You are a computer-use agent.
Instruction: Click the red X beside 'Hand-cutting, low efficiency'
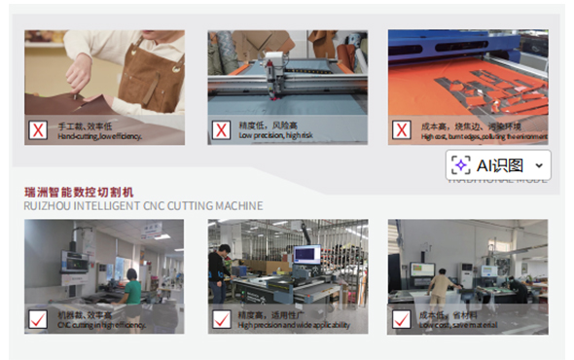coord(39,129)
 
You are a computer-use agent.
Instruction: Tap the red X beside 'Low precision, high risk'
coord(221,129)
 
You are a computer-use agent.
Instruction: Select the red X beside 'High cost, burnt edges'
coord(401,129)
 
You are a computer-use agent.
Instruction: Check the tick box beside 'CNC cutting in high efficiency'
coord(39,318)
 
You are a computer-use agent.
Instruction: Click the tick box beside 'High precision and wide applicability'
coord(221,318)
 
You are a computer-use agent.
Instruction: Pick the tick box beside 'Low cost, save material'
coord(401,318)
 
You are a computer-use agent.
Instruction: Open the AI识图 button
coord(499,165)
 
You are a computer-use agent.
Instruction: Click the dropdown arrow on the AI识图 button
coord(539,166)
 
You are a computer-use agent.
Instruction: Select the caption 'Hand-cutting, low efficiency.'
coord(100,136)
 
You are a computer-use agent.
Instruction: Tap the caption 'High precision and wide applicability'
coord(294,324)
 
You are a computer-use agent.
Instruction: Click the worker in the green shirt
coord(130,289)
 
